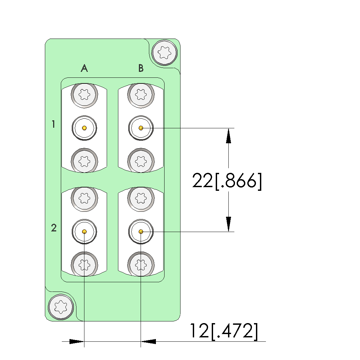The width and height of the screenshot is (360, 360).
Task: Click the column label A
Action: (x=84, y=68)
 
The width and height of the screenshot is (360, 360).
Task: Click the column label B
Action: (x=141, y=68)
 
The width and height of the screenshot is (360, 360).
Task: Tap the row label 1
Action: (x=54, y=124)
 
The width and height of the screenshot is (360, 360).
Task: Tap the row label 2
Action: (x=54, y=228)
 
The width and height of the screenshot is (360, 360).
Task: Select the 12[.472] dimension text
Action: (x=223, y=331)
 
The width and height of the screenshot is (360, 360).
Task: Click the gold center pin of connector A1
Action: (x=84, y=128)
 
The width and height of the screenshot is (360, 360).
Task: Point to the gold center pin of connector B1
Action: (x=141, y=128)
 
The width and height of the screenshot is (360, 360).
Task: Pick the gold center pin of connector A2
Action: (x=84, y=231)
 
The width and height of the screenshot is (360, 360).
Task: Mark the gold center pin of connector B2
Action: (x=141, y=231)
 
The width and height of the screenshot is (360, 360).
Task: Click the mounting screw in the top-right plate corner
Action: (x=164, y=52)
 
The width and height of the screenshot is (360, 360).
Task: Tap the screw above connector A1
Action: (x=84, y=95)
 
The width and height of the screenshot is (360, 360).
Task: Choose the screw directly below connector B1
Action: (x=141, y=161)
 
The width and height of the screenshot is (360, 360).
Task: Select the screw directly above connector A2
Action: (x=84, y=199)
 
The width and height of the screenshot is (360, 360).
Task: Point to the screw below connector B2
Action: (x=141, y=265)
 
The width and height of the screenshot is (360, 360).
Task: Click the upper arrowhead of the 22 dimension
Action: (x=228, y=136)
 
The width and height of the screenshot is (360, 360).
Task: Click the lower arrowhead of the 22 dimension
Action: (x=228, y=224)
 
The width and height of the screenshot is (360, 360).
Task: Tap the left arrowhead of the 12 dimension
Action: (x=76, y=341)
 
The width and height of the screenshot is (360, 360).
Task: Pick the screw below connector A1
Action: (x=84, y=161)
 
